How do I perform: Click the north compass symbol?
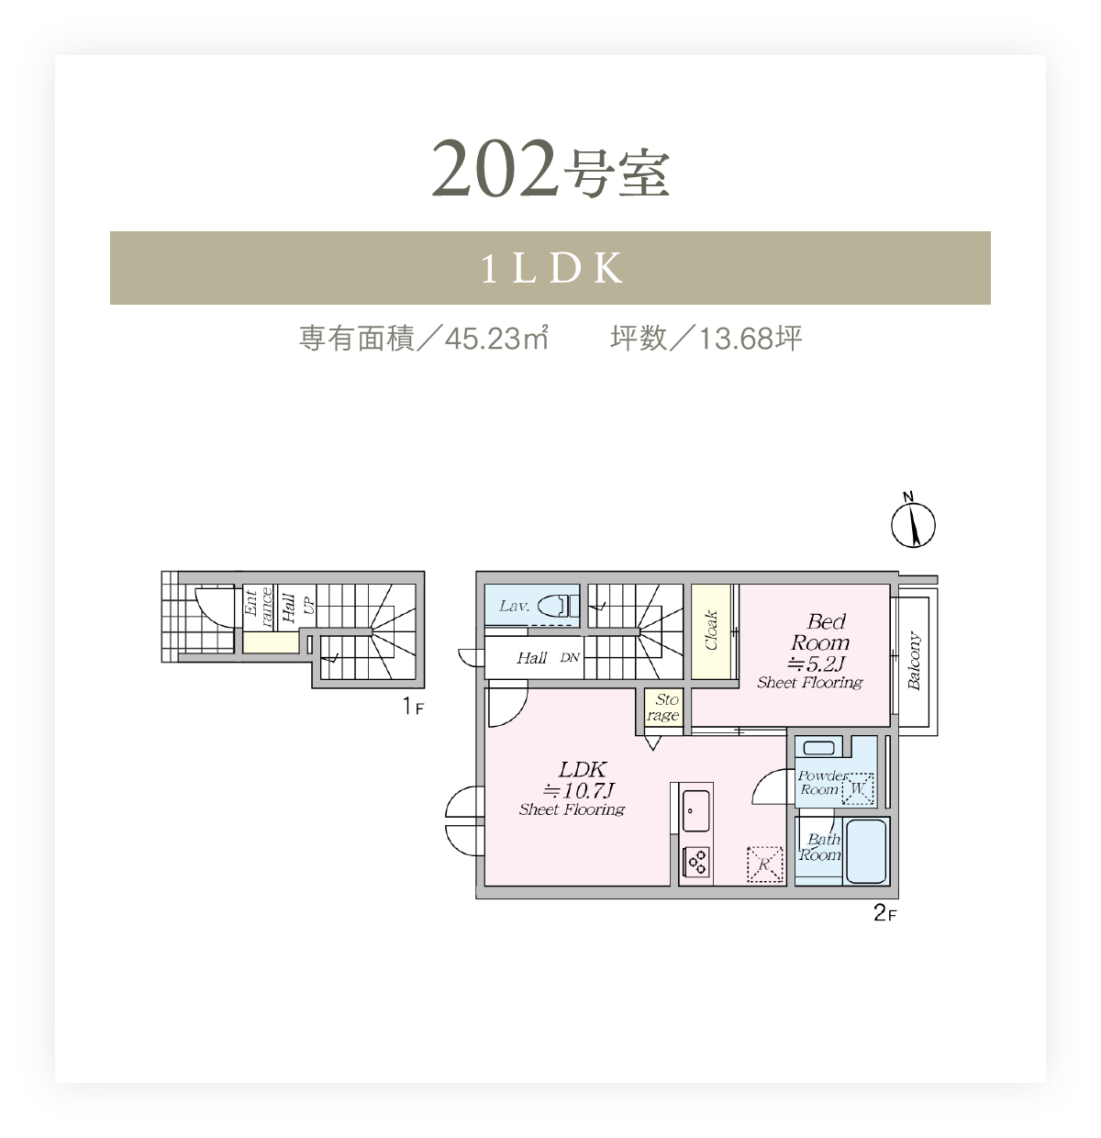(x=913, y=524)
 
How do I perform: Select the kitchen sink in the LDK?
(x=695, y=810)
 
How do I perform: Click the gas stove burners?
(x=695, y=862)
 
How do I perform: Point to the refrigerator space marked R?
(x=765, y=864)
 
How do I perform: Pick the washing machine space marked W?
(x=857, y=788)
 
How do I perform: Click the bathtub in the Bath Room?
(x=867, y=851)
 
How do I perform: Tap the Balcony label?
(x=914, y=660)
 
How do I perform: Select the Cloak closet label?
(x=711, y=630)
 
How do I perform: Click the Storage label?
(x=663, y=707)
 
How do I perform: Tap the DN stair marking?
(x=570, y=657)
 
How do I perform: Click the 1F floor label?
(x=413, y=707)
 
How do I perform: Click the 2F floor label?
(x=884, y=913)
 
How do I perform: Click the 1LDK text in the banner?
(x=550, y=268)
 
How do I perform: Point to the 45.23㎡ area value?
(x=496, y=338)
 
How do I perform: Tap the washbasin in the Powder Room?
(x=818, y=748)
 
